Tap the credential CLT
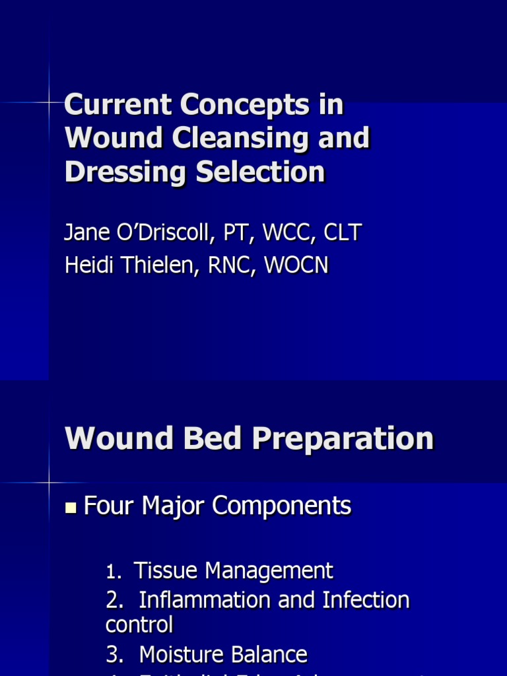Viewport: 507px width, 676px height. tap(343, 232)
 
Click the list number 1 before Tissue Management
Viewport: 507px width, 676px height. tap(110, 572)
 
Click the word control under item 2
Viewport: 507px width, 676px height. tap(139, 625)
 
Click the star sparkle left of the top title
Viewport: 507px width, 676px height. tap(49, 102)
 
